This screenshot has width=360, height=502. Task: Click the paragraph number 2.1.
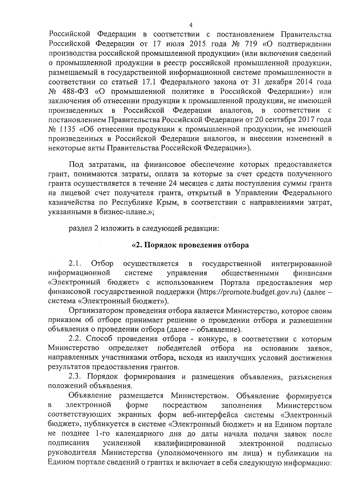pos(76,264)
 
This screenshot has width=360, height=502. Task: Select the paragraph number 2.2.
pos(76,339)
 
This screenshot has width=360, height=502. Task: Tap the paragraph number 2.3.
pos(76,377)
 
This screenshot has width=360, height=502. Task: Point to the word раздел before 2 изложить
pos(78,228)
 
